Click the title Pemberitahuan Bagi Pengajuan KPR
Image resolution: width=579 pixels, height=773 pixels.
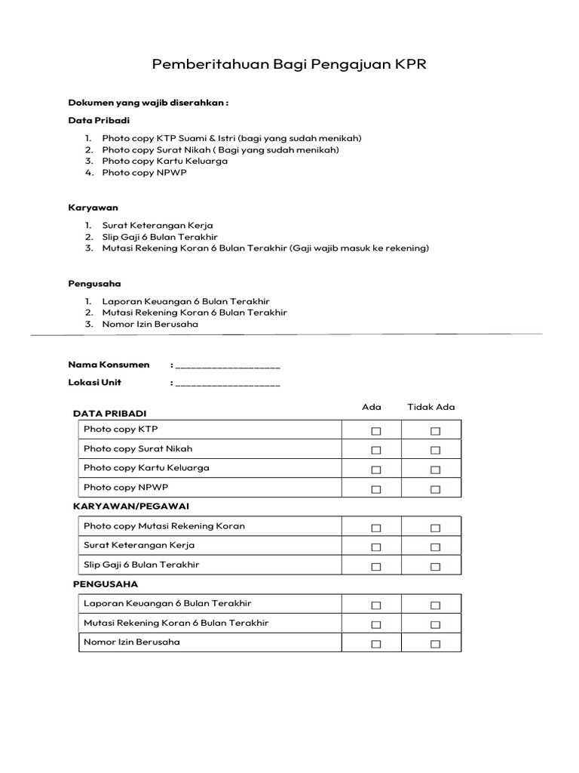(289, 64)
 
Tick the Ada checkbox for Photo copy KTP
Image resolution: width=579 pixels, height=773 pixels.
(375, 431)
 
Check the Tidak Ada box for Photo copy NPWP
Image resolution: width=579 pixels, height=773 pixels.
(435, 489)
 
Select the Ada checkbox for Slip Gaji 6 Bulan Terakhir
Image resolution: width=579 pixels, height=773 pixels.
(375, 567)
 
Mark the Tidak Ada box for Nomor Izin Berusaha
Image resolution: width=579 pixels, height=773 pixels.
(435, 644)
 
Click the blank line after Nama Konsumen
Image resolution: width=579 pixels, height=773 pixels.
(228, 366)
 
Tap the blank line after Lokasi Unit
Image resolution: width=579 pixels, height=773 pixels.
(228, 383)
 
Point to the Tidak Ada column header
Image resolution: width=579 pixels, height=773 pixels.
(431, 407)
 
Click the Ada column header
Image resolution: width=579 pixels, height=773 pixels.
(372, 407)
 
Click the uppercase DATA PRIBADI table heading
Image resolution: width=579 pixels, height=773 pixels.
(109, 414)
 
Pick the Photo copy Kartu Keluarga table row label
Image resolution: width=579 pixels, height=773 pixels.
(146, 468)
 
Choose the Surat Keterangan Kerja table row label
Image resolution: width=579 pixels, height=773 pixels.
(139, 545)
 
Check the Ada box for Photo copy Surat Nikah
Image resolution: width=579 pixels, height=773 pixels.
(375, 451)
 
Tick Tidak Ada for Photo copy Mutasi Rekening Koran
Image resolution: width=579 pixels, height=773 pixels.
(435, 528)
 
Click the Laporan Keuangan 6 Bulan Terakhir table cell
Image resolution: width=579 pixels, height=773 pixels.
(167, 603)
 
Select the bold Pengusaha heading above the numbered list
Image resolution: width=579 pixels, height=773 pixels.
(94, 284)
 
